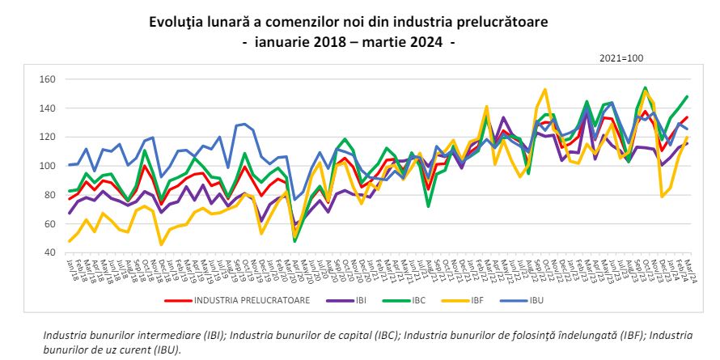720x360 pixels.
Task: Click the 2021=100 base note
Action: point(620,59)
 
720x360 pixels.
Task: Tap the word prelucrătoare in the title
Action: point(517,22)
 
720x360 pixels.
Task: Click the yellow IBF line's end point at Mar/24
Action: point(687,138)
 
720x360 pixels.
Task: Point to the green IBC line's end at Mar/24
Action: point(687,96)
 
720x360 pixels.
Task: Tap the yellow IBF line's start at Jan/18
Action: point(70,241)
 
